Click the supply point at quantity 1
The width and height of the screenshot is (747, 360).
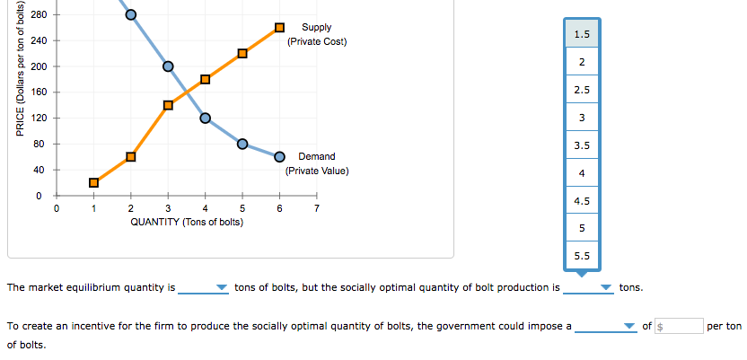(x=93, y=182)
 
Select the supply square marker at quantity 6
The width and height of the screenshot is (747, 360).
(x=279, y=28)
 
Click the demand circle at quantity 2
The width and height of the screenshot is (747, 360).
(x=131, y=14)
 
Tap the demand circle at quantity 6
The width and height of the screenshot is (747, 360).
(x=279, y=156)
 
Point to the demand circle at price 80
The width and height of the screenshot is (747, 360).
(x=242, y=144)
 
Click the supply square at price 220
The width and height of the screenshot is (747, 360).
(x=242, y=54)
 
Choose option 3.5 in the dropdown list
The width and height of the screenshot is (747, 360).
(x=582, y=145)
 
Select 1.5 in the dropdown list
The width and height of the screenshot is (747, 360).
(x=582, y=34)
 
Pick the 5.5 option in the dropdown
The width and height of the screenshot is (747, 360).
(x=582, y=256)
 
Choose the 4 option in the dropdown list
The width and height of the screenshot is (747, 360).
(x=582, y=172)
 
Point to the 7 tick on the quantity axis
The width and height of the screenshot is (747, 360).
(x=317, y=209)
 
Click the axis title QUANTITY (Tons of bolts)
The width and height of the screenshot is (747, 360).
(x=186, y=222)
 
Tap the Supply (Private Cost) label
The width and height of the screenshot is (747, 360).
(x=316, y=35)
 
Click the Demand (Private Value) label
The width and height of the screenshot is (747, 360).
(x=316, y=163)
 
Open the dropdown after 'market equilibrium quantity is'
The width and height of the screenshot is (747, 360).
(x=205, y=288)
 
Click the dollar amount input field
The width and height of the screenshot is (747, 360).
(x=680, y=326)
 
